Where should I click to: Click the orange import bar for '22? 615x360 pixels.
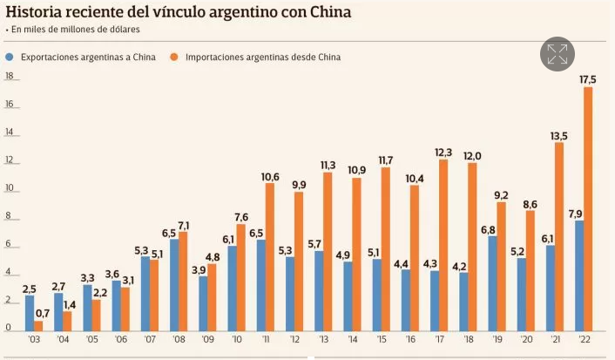click(x=588, y=209)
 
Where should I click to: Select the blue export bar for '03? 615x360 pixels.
click(x=30, y=312)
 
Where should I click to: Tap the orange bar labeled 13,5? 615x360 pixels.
click(x=559, y=236)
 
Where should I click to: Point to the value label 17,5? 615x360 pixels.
click(x=588, y=79)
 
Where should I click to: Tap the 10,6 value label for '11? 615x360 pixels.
click(x=270, y=177)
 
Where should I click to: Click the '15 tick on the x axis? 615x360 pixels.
click(x=380, y=340)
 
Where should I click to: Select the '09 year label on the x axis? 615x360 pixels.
click(x=207, y=340)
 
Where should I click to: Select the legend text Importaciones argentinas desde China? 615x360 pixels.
click(x=262, y=57)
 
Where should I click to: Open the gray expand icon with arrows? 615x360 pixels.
click(x=557, y=54)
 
